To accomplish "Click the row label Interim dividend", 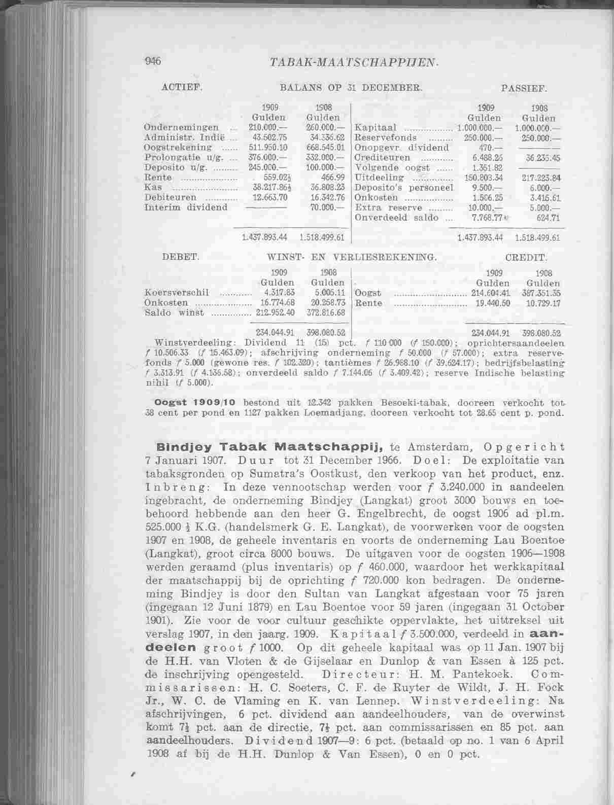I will tap(186, 207).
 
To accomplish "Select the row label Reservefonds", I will tap(386, 137).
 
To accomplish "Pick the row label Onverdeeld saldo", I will tap(390, 218).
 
